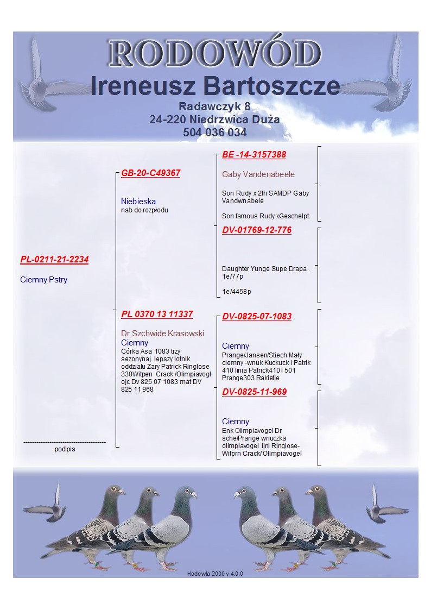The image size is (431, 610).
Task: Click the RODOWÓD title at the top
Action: pyautogui.click(x=215, y=53)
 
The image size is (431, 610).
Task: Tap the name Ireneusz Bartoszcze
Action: pyautogui.click(x=215, y=86)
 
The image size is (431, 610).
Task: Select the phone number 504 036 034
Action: pyautogui.click(x=215, y=133)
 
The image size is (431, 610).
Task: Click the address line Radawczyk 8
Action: pyautogui.click(x=214, y=106)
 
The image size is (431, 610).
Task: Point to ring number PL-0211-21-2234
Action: pyautogui.click(x=54, y=260)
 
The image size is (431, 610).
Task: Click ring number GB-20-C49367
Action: pyautogui.click(x=151, y=173)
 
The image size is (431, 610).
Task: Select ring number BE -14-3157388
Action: pyautogui.click(x=254, y=154)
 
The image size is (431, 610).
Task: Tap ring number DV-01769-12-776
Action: pyautogui.click(x=257, y=230)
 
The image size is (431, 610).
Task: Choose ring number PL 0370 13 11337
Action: pyautogui.click(x=157, y=314)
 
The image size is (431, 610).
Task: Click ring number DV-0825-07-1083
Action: pyautogui.click(x=257, y=316)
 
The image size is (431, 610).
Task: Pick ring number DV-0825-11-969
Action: pyautogui.click(x=255, y=392)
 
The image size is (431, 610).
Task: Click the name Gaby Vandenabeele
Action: pyautogui.click(x=258, y=174)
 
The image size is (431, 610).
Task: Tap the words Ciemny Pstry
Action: pyautogui.click(x=44, y=280)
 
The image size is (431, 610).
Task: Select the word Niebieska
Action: pyautogui.click(x=138, y=201)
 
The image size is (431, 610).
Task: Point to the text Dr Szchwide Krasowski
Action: pyautogui.click(x=162, y=334)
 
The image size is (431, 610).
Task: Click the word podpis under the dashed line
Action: pyautogui.click(x=65, y=449)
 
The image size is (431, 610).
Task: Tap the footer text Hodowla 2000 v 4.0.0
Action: pyautogui.click(x=215, y=574)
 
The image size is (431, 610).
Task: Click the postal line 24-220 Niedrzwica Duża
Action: pyautogui.click(x=214, y=120)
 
